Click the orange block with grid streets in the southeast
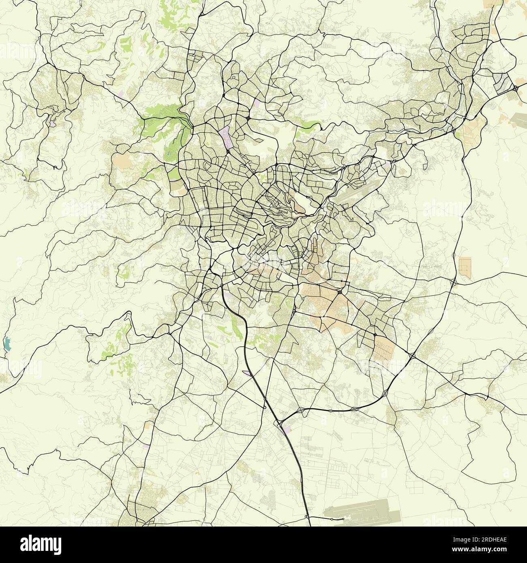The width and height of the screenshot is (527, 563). (x=383, y=348)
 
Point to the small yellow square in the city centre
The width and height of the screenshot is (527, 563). (x=315, y=250)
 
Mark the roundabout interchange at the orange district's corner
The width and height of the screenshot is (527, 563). (x=339, y=291)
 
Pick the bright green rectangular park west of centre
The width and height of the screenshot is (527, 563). (x=174, y=173)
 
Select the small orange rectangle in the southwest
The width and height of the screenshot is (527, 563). (x=147, y=425)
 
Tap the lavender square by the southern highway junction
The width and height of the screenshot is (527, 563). (x=289, y=428)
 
